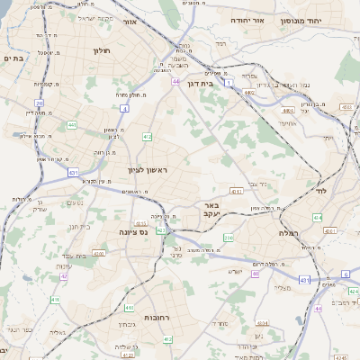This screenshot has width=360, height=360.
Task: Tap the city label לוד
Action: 321,191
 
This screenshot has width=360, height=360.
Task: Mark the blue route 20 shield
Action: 40,103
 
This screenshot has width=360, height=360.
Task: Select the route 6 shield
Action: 344,274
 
